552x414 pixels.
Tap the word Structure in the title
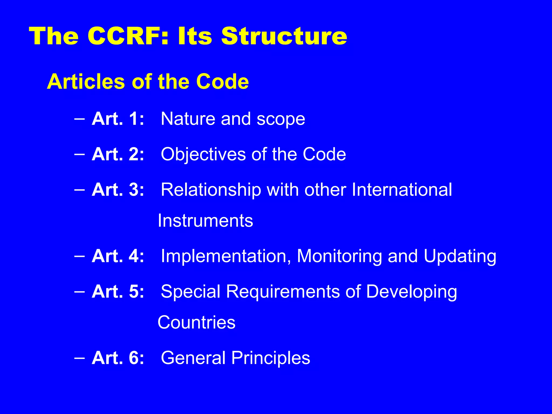pos(284,36)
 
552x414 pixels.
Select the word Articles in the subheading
pos(85,81)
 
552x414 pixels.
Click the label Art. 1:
pos(118,119)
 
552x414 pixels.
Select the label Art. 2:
pos(118,154)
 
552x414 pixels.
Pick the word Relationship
pos(211,190)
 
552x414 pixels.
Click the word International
pos(402,189)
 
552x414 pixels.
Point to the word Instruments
pos(205,220)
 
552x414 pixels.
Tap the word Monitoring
pos(339,256)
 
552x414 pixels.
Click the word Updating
pos(460,256)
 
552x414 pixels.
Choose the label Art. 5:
pos(118,291)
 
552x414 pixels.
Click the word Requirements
pos(283,292)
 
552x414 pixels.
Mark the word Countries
pos(196,322)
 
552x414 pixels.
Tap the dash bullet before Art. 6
pos(80,358)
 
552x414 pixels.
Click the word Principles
pos(271,358)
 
